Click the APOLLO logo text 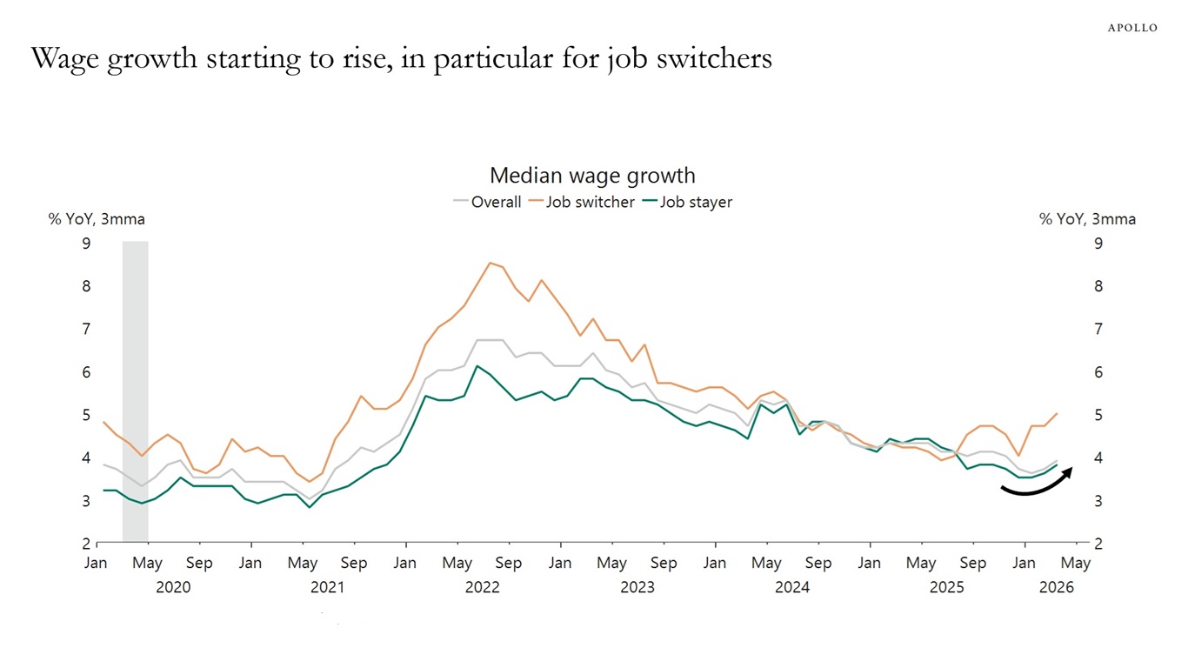coord(1132,28)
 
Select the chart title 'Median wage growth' coord(592,176)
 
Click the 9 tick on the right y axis coord(1098,244)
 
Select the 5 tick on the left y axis coord(86,416)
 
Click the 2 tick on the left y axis coord(86,544)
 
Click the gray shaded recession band coord(135,391)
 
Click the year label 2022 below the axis coord(482,588)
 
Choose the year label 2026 coord(1057,588)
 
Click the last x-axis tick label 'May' coord(1076,564)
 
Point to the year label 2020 coord(173,588)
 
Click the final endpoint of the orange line coord(1057,414)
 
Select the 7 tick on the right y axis coord(1098,330)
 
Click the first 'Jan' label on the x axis coord(96,564)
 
